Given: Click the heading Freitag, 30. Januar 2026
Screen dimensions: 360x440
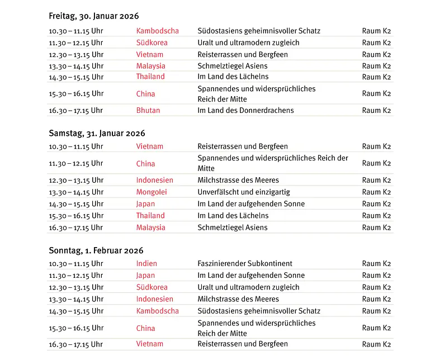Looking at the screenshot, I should tap(93, 16).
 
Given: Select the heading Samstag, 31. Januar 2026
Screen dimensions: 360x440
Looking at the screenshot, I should tap(97, 133).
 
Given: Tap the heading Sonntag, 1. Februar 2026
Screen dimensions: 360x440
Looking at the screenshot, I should tap(96, 250).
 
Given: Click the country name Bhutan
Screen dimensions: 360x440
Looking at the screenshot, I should tap(148, 110).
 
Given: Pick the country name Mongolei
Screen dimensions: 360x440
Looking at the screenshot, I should tap(152, 192).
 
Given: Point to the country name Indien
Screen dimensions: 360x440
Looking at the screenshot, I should tap(146, 263).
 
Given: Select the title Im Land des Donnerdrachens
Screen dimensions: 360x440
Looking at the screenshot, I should tap(245, 110).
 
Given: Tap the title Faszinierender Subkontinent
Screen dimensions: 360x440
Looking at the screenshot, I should tap(245, 263).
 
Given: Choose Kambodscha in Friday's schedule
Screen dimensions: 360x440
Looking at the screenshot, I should tap(157, 31).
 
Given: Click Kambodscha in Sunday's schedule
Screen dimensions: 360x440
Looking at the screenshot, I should tap(157, 311).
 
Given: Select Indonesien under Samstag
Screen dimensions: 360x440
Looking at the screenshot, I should tap(154, 180).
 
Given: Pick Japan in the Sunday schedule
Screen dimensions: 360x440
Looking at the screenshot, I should tap(145, 275).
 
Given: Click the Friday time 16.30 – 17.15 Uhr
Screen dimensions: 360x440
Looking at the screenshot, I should tap(76, 110).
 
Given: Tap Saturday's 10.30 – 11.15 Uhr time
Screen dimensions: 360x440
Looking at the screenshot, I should tap(76, 146).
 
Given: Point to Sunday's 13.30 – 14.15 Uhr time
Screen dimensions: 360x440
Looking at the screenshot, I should tap(76, 299).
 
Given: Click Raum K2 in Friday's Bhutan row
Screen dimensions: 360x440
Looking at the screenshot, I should tap(376, 110).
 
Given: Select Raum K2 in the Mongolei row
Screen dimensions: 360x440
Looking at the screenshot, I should tap(376, 192).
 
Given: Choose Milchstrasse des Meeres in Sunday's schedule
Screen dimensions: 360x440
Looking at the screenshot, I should tap(238, 299).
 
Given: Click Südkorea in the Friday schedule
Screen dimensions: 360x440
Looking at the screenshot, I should tap(152, 42).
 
